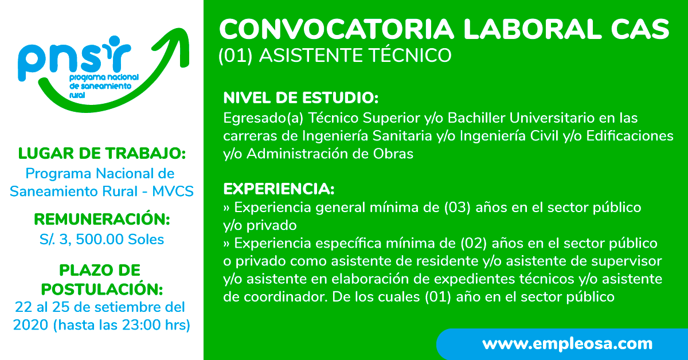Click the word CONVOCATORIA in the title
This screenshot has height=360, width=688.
[337, 29]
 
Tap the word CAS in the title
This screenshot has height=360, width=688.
[640, 29]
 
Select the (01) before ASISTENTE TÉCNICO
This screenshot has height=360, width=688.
[235, 56]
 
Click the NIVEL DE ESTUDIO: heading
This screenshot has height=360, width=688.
[300, 98]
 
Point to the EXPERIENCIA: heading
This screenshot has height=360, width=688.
[279, 189]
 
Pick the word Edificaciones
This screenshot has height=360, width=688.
[630, 136]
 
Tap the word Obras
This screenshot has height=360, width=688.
[393, 154]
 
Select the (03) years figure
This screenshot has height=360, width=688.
[457, 208]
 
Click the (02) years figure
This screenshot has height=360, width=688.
[474, 243]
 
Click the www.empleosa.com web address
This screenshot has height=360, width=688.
[567, 344]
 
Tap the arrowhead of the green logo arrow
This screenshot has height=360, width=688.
[177, 43]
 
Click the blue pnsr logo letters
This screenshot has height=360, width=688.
[74, 58]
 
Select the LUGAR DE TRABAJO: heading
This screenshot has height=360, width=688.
[101, 153]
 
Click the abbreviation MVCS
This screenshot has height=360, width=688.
[173, 191]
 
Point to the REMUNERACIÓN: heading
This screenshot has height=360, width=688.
[101, 219]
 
